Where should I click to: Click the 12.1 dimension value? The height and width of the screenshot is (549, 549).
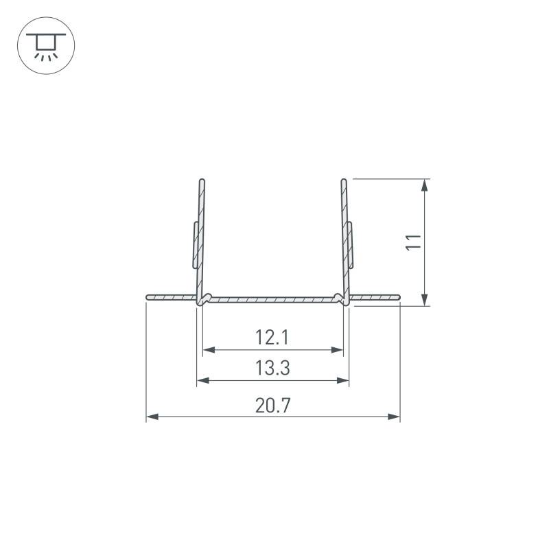[x=272, y=337]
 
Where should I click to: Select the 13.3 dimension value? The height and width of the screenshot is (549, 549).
[x=272, y=369]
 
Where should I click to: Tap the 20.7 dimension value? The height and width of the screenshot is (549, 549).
[x=272, y=405]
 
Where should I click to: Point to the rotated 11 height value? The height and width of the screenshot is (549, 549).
[x=412, y=242]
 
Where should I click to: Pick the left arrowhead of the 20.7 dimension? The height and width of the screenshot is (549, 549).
[x=152, y=416]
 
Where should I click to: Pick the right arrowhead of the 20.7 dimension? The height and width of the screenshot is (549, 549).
[x=395, y=416]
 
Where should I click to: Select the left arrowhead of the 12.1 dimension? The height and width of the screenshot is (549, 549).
[x=208, y=349]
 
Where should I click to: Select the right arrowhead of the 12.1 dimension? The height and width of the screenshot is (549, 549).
[x=338, y=349]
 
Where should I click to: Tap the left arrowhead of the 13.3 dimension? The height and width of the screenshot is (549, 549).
[x=202, y=379]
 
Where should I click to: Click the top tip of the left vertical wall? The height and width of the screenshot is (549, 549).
[x=202, y=181]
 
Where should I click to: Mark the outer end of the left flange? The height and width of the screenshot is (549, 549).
[x=148, y=297]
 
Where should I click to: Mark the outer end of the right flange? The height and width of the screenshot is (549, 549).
[x=398, y=297]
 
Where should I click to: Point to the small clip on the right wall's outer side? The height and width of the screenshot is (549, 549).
[x=351, y=244]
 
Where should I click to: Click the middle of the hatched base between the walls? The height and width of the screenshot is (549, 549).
[x=273, y=299]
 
